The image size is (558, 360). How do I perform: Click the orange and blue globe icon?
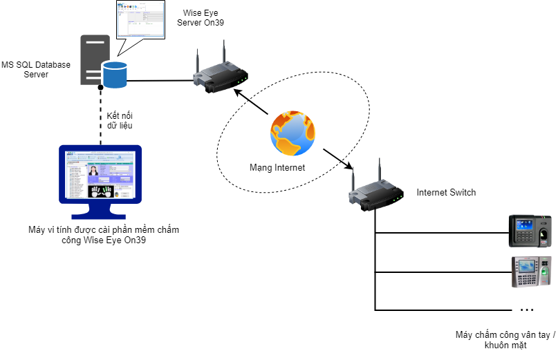click(x=292, y=133)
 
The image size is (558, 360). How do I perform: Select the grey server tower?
click(x=94, y=59)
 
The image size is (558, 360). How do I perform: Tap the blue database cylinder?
click(x=115, y=75)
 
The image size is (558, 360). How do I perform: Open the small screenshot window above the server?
click(x=140, y=19)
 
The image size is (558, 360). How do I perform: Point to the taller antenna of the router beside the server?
click(x=223, y=52)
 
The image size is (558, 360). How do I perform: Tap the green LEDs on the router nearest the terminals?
click(x=398, y=199)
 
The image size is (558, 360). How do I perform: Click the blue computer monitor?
click(x=100, y=176)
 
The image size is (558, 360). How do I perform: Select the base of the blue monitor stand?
click(x=99, y=216)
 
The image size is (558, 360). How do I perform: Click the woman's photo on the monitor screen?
click(x=93, y=170)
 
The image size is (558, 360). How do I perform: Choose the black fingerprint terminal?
click(x=530, y=231)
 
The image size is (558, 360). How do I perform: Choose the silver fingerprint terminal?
click(x=531, y=272)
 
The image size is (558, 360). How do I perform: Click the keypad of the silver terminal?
click(x=526, y=279)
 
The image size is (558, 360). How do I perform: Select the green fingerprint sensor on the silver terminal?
click(x=545, y=272)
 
